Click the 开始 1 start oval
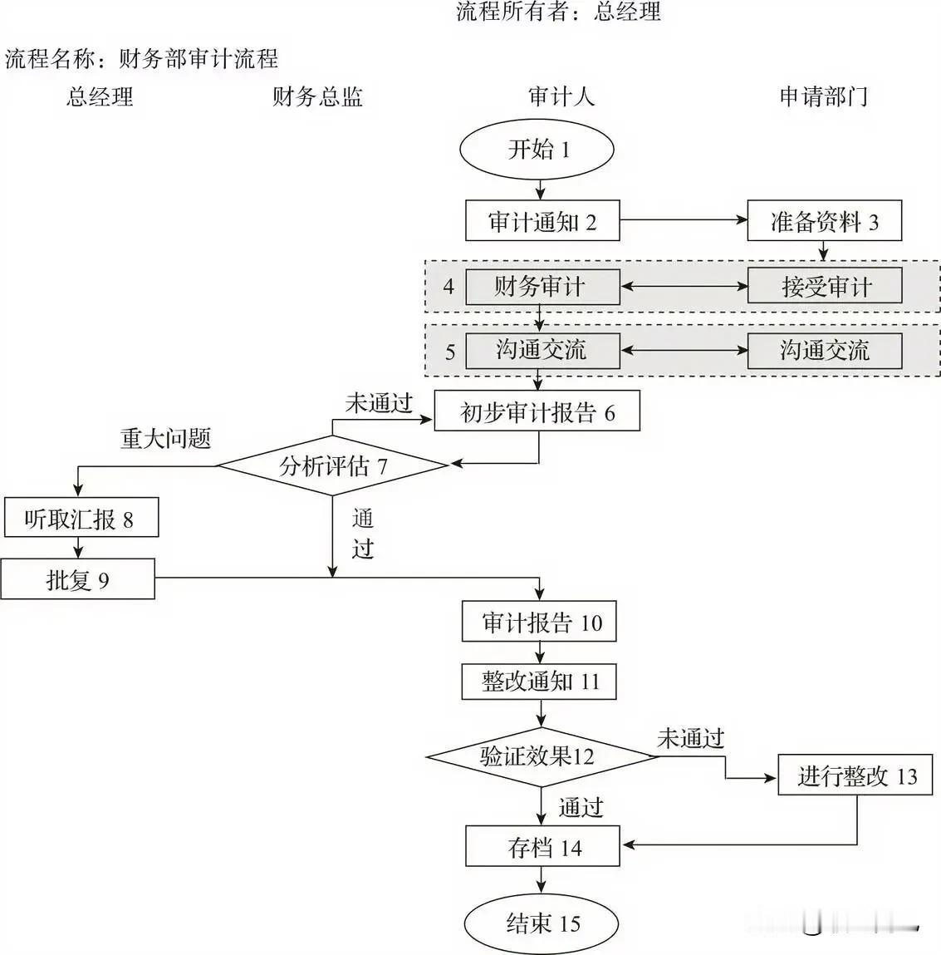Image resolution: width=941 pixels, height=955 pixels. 537,150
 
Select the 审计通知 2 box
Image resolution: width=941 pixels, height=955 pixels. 542,221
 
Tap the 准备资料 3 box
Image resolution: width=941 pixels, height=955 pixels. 824,221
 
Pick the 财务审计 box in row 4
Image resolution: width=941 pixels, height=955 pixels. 542,288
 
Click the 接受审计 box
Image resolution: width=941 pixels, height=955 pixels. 824,288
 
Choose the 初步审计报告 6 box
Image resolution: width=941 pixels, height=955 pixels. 537,411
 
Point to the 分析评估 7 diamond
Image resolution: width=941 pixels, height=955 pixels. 333,465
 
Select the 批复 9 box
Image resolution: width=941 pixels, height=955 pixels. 77,579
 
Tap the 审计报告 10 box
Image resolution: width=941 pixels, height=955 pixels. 539,622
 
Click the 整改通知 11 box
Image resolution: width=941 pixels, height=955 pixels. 539,682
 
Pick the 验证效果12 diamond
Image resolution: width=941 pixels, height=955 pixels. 541,756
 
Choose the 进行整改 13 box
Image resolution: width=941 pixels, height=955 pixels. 855,775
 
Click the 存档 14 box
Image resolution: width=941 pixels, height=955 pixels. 542,847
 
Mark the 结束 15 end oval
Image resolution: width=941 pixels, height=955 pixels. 542,923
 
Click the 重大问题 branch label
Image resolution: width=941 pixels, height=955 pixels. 165,438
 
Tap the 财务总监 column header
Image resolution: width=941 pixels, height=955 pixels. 318,97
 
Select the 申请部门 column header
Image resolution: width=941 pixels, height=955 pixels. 823,97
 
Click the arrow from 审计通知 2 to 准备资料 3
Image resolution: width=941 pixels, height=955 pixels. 684,220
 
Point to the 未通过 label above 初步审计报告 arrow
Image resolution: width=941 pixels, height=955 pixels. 379,404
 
